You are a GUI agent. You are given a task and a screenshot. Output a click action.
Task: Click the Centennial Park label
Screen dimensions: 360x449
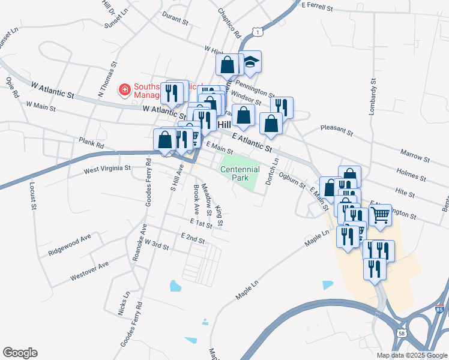[240, 174]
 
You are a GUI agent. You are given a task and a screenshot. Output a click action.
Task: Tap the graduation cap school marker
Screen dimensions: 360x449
[251, 61]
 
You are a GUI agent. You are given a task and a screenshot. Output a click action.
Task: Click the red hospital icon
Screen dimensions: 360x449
[124, 90]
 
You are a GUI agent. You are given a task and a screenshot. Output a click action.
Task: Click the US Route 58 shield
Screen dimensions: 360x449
[400, 332]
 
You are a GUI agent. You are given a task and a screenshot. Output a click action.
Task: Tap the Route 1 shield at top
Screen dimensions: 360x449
[256, 30]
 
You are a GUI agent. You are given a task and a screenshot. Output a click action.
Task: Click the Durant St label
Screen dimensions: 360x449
[175, 19]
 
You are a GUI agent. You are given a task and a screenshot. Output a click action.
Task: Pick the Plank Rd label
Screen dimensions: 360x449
[91, 143]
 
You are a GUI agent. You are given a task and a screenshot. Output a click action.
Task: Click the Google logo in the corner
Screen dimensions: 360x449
[20, 353]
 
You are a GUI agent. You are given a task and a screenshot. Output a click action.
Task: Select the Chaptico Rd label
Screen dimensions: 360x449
[229, 23]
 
